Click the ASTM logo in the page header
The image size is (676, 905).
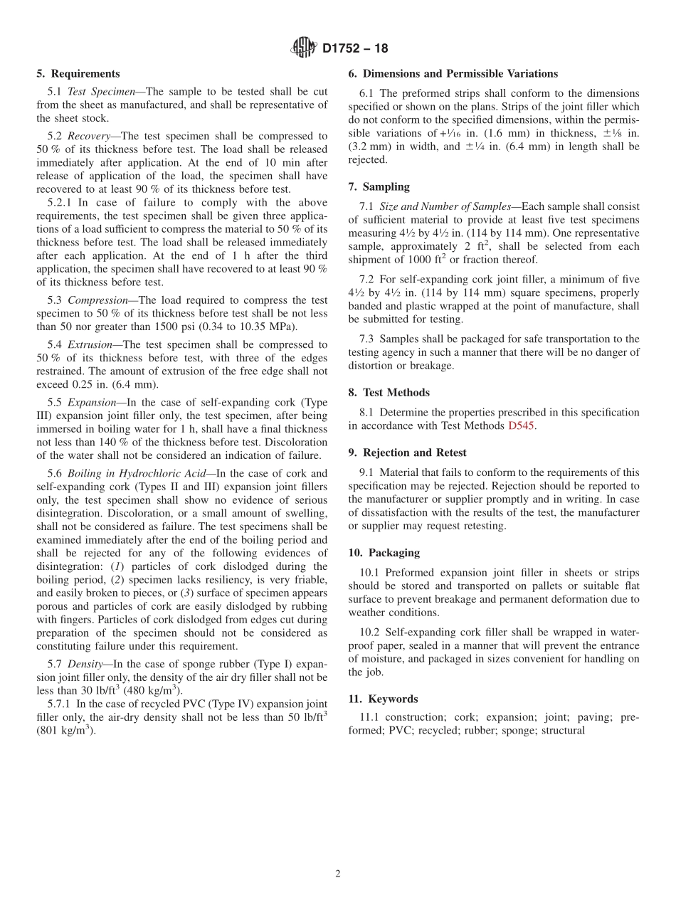pyautogui.click(x=304, y=48)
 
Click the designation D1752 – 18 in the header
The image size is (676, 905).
pyautogui.click(x=355, y=49)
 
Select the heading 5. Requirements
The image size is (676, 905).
pyautogui.click(x=78, y=74)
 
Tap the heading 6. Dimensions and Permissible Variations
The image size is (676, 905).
pyautogui.click(x=453, y=74)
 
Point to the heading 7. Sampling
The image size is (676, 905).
pyautogui.click(x=379, y=187)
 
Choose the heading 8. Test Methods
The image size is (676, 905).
pyautogui.click(x=389, y=393)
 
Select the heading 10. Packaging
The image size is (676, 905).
pyautogui.click(x=384, y=553)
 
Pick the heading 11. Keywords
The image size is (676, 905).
pyautogui.click(x=383, y=699)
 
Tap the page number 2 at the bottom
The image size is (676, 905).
pyautogui.click(x=338, y=874)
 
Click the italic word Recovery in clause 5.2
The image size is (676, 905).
pyautogui.click(x=89, y=136)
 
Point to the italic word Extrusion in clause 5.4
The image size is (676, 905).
pyautogui.click(x=90, y=345)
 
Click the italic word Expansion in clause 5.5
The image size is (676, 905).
pyautogui.click(x=93, y=403)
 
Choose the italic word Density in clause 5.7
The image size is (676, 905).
pyautogui.click(x=85, y=664)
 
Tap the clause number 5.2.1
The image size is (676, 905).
pyautogui.click(x=60, y=202)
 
